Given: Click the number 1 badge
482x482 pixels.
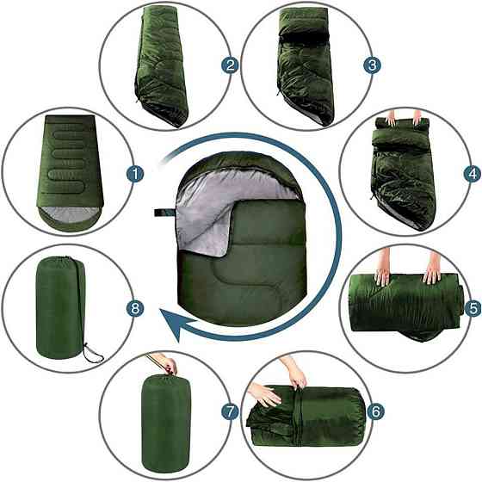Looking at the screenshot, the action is click(135, 174).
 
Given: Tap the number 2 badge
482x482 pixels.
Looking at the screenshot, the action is click(231, 65).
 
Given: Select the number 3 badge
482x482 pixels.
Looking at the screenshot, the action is click(372, 65).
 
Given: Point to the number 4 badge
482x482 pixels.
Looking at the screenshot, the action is click(473, 174).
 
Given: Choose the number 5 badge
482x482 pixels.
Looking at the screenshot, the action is click(473, 308).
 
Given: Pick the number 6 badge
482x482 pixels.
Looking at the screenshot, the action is click(375, 411).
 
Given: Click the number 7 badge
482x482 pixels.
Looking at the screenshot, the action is click(231, 412).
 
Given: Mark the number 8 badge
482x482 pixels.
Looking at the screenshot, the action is click(135, 308).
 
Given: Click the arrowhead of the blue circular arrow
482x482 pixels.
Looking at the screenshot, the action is click(178, 325).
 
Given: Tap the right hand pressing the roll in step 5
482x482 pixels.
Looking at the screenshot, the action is click(433, 268).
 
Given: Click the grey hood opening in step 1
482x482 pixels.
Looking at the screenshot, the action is click(70, 214).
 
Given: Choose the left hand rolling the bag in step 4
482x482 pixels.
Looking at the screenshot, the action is click(391, 119).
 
